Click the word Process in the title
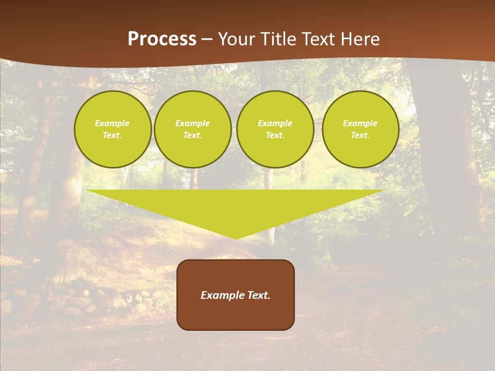(x=162, y=39)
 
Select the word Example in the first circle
(x=112, y=123)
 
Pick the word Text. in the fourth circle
(x=360, y=135)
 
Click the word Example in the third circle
(x=275, y=123)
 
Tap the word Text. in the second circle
(x=192, y=135)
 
